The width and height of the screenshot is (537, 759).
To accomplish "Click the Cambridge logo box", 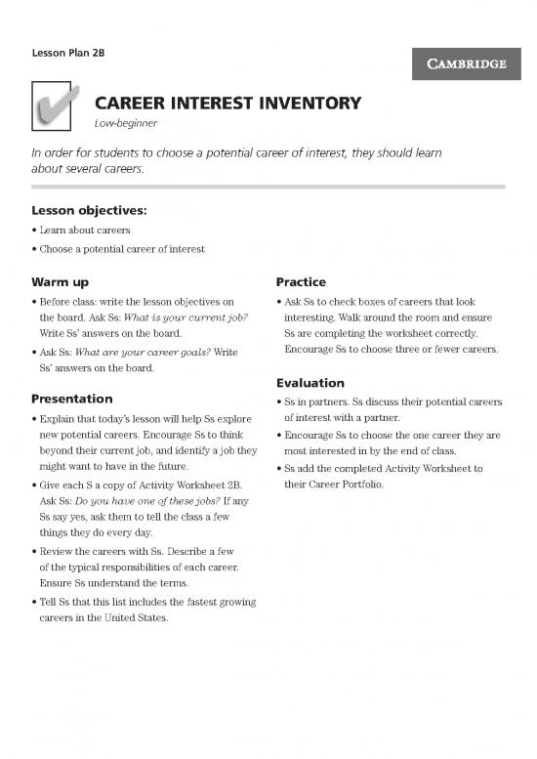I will [465, 64].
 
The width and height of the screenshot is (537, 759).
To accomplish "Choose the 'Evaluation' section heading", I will [311, 383].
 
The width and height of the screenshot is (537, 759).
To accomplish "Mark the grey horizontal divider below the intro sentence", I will [268, 185].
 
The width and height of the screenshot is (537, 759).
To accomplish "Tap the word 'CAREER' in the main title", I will [132, 103].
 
